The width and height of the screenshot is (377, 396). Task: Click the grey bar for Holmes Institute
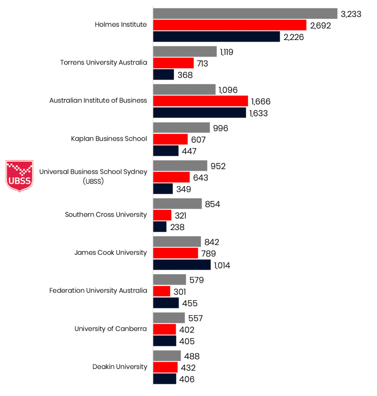245,14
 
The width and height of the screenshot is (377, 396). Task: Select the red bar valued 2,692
230,25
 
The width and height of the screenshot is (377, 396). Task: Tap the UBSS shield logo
20,176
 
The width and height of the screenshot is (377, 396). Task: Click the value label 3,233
351,14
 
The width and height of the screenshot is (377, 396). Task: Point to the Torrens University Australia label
104,62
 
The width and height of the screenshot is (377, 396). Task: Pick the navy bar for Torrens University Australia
164,75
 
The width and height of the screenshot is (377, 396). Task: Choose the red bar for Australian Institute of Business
200,101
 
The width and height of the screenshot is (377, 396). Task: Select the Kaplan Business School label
109,138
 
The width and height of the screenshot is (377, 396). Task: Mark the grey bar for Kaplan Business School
182,128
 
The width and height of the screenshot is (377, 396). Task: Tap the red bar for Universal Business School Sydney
172,177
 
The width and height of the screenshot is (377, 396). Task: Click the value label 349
184,189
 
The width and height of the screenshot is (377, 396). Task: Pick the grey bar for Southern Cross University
177,204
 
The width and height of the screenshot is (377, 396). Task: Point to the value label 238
177,227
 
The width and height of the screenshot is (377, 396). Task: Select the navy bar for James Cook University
182,265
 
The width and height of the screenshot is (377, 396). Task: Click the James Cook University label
110,253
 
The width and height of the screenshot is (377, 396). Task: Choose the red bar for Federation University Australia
162,291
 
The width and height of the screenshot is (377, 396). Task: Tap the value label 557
195,318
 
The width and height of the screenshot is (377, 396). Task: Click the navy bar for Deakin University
165,379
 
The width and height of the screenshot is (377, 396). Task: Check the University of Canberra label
110,329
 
